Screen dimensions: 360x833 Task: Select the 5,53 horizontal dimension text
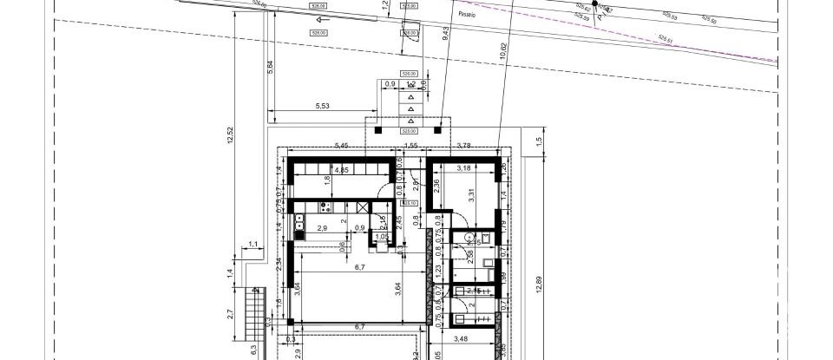tap(322, 106)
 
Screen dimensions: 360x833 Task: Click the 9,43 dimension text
tap(445, 34)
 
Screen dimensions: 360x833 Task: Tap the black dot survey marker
tap(594, 4)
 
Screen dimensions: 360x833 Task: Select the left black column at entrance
tap(378, 130)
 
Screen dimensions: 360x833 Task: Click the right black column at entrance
tap(439, 130)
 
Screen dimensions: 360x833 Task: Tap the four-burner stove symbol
tap(324, 207)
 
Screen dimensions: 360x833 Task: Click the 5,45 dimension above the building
tap(341, 145)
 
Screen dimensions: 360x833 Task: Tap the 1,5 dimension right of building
tap(538, 141)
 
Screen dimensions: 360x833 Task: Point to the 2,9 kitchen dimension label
tap(322, 228)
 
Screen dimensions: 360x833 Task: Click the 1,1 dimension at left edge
tap(254, 245)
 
